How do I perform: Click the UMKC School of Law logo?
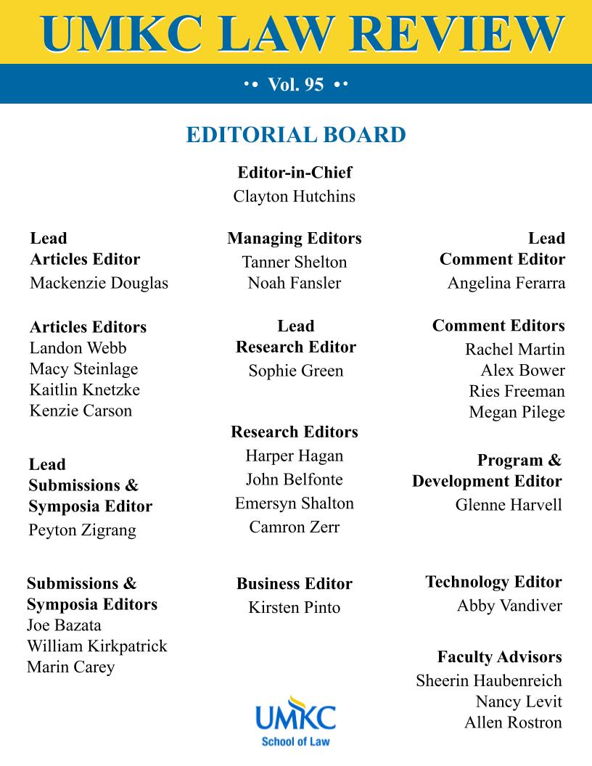(x=295, y=720)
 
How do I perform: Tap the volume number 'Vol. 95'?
(x=295, y=85)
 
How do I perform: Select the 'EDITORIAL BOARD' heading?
(x=295, y=135)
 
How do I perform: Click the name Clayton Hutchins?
(x=295, y=197)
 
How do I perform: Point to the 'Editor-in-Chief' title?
(x=295, y=173)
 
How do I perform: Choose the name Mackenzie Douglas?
(x=99, y=283)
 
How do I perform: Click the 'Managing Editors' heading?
(x=294, y=238)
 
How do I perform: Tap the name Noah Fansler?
(x=294, y=283)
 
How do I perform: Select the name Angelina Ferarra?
(x=506, y=283)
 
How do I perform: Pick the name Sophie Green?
(x=295, y=371)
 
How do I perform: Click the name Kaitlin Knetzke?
(x=85, y=390)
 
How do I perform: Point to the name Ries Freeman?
(x=517, y=391)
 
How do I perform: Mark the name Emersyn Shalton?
(x=294, y=503)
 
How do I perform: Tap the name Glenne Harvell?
(x=508, y=505)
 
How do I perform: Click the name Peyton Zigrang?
(x=82, y=530)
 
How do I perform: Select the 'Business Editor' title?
(x=294, y=584)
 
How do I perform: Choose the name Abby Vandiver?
(x=509, y=606)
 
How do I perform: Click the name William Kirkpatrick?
(x=97, y=646)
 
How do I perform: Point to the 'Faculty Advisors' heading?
(x=499, y=657)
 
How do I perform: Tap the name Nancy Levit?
(x=518, y=701)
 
